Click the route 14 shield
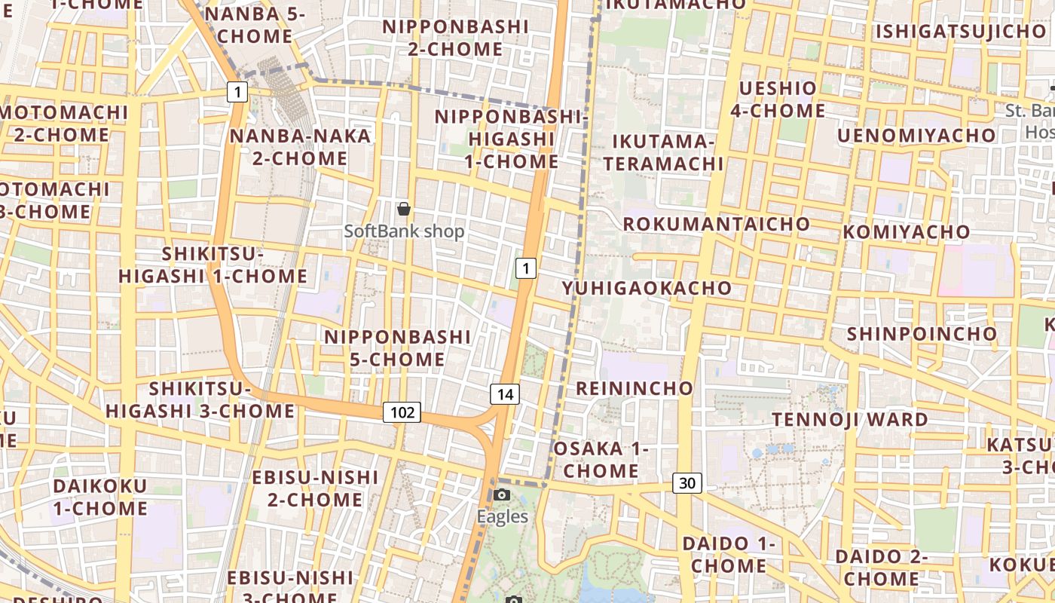(x=505, y=393)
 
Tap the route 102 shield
(x=402, y=412)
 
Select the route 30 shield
(x=687, y=483)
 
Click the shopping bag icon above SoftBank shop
(x=404, y=209)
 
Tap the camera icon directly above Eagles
(x=502, y=495)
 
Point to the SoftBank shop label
(x=404, y=231)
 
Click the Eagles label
(x=502, y=517)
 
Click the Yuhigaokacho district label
(x=647, y=288)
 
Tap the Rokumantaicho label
(x=716, y=224)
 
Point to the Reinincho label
(x=635, y=388)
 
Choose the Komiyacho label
(x=906, y=231)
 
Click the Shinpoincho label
(x=922, y=333)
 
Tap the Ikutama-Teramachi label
(x=663, y=152)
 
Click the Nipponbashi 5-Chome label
(x=397, y=347)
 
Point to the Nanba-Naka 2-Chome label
(x=300, y=147)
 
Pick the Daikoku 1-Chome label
(x=100, y=497)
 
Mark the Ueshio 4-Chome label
(x=778, y=99)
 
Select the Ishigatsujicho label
(x=960, y=32)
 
